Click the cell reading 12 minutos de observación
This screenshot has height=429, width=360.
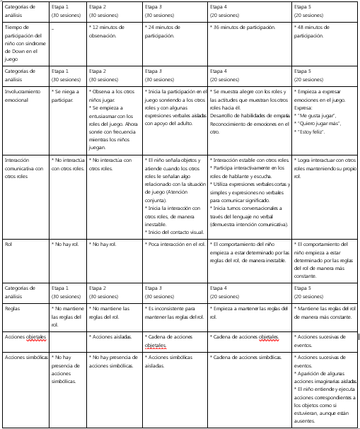click(x=113, y=30)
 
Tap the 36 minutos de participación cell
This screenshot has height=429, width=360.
click(x=245, y=27)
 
